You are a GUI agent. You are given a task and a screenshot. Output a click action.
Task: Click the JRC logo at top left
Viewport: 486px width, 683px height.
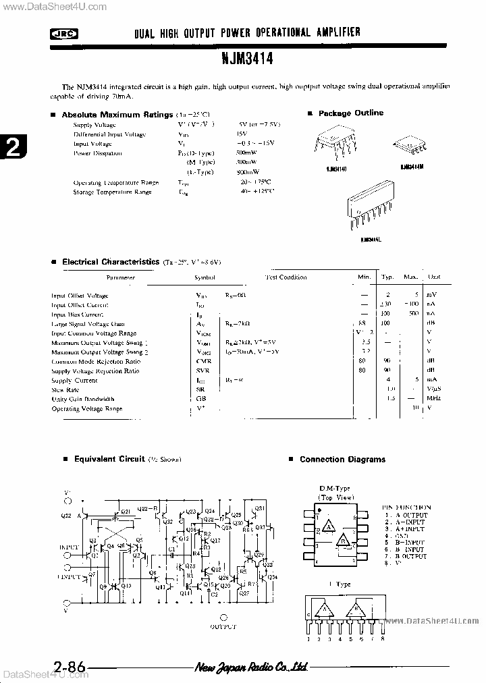(x=64, y=33)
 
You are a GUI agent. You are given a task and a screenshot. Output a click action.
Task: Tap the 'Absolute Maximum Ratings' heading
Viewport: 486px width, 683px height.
(x=117, y=115)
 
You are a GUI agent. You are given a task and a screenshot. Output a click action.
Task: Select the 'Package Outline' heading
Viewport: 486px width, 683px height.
(x=350, y=113)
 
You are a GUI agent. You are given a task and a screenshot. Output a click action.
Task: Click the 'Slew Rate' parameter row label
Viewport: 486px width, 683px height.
(x=65, y=390)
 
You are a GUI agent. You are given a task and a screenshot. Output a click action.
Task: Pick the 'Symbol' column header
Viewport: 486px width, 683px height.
(x=205, y=277)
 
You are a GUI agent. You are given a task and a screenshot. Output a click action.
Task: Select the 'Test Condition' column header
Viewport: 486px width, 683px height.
(x=286, y=277)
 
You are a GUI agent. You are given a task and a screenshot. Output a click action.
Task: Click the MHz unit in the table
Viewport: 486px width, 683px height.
(x=433, y=400)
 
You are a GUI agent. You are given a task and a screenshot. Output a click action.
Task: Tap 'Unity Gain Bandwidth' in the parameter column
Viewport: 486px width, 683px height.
(x=83, y=400)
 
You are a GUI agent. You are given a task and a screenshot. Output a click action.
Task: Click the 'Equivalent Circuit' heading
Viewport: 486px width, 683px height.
(x=109, y=459)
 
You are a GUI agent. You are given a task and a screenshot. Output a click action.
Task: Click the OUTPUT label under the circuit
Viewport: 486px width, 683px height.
(x=223, y=627)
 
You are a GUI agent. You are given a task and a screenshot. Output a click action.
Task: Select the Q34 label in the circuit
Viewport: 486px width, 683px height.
(x=272, y=577)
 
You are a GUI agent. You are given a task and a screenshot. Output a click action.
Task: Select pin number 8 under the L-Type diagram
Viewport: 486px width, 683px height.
(x=383, y=638)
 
